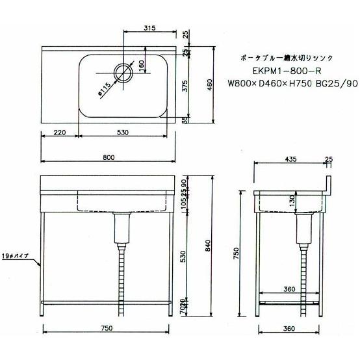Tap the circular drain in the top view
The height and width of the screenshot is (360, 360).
point(122,73)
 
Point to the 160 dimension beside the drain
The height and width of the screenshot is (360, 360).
point(142,66)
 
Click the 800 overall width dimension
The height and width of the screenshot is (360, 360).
point(109,157)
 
